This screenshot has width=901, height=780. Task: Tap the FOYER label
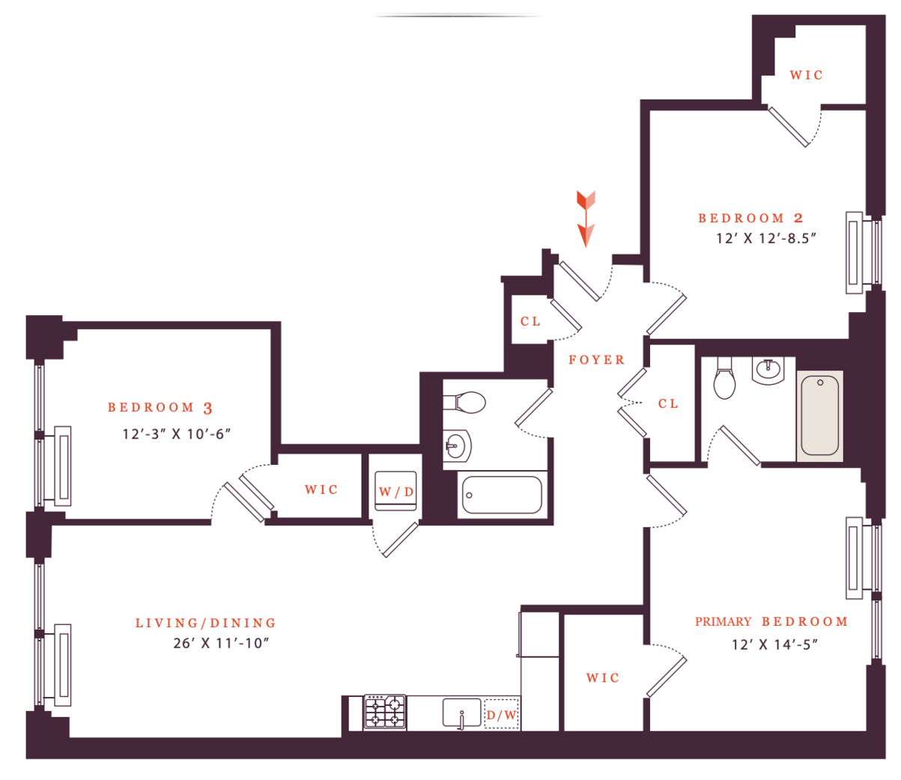[596, 360]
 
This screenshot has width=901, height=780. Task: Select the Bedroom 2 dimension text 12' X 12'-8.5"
[765, 238]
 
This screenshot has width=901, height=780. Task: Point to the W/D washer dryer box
[395, 492]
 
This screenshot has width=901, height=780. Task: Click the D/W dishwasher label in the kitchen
[501, 715]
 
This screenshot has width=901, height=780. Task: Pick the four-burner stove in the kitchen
[385, 712]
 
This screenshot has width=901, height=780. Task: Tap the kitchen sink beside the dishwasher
[461, 713]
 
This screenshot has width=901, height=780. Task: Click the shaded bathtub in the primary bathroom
[819, 415]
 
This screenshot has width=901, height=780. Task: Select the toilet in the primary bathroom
[725, 379]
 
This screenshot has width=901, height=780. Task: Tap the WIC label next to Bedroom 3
[321, 490]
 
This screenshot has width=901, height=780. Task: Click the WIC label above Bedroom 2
[807, 75]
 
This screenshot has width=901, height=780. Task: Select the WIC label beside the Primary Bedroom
[603, 677]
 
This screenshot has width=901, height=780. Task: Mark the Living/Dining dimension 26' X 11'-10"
[221, 643]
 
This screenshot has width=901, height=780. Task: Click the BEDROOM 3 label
[160, 408]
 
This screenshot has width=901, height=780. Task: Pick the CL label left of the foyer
[530, 321]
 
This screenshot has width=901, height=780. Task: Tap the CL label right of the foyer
[668, 403]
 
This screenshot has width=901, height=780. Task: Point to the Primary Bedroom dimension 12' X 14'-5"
[774, 644]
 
